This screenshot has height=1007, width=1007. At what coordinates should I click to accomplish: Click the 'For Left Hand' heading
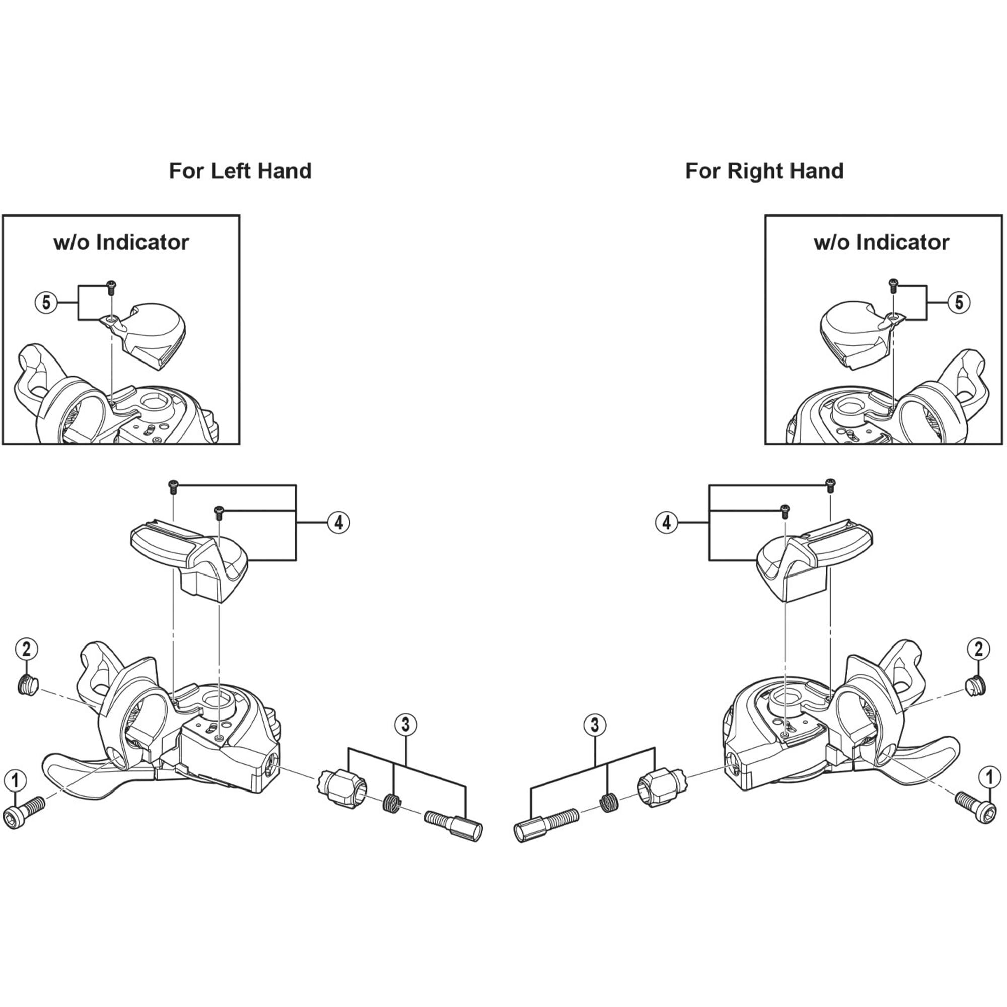[x=240, y=171]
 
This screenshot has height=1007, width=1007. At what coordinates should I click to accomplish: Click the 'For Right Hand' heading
[x=764, y=171]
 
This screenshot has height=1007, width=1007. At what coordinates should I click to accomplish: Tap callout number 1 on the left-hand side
[x=15, y=780]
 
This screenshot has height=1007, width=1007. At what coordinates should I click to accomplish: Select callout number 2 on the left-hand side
[x=27, y=649]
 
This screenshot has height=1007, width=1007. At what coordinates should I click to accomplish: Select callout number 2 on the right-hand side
[x=978, y=649]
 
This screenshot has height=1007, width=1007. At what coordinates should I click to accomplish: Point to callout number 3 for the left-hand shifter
[x=406, y=725]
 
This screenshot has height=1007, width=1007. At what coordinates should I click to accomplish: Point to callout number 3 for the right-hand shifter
[x=595, y=725]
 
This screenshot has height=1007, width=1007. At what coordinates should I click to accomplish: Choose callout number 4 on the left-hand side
[x=338, y=522]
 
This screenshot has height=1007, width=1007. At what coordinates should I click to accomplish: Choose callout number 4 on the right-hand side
[x=667, y=522]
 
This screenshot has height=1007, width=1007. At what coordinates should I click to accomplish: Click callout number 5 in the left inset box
[x=46, y=302]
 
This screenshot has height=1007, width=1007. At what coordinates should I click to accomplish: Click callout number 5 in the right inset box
[x=959, y=302]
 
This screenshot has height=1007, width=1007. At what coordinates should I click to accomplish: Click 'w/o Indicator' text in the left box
[x=121, y=242]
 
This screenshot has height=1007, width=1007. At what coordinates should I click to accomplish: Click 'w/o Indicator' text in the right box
[x=882, y=242]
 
